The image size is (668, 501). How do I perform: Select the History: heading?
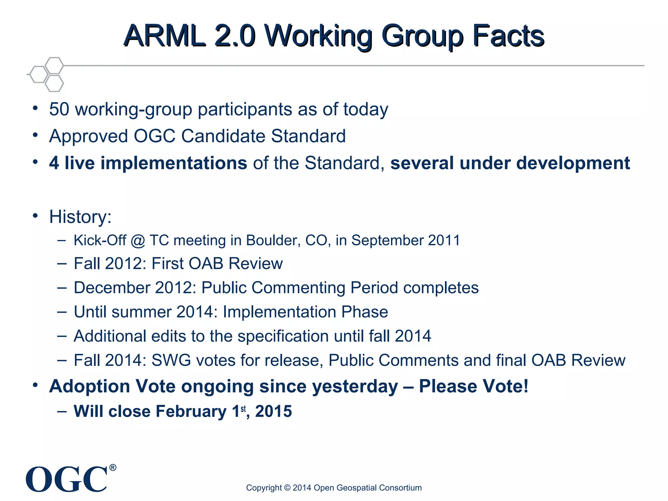(80, 217)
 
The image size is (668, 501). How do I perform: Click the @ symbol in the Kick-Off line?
(138, 241)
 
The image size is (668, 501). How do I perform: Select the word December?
(112, 288)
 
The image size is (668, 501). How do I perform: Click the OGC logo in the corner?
(67, 479)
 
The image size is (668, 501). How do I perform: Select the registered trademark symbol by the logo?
(113, 468)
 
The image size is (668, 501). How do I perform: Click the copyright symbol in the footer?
(287, 488)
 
